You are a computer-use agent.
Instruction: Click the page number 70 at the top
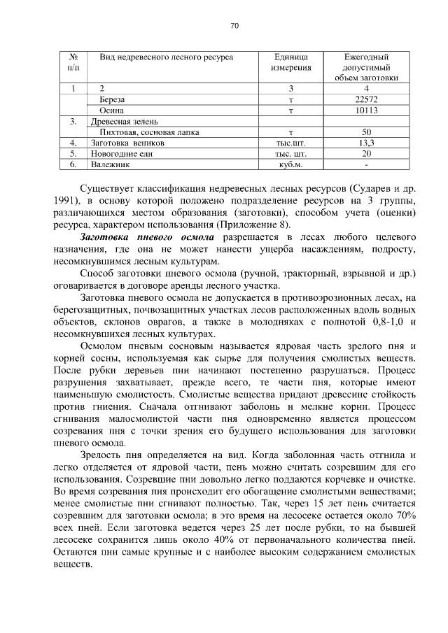(234, 26)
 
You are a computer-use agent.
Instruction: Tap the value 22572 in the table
(366, 99)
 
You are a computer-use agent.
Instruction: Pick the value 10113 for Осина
(366, 111)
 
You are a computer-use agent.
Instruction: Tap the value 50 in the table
(366, 131)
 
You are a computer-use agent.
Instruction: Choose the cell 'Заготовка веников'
(127, 143)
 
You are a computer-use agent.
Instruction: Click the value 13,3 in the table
(366, 143)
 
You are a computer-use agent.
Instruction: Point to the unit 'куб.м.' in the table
(290, 164)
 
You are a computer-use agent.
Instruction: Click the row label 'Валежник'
(111, 164)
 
